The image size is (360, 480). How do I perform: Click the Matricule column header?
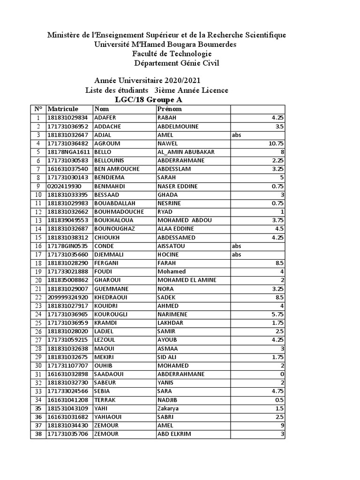tap(63, 109)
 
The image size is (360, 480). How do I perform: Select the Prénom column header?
tap(170, 109)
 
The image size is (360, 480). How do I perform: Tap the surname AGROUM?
tap(107, 143)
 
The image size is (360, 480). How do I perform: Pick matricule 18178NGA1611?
tap(68, 152)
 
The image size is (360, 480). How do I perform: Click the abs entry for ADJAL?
tap(236, 135)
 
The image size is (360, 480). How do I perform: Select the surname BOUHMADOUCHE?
tap(116, 212)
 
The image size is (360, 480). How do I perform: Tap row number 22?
tap(38, 297)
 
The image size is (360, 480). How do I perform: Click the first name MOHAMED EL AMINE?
tap(187, 280)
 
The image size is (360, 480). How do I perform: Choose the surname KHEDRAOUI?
tap(111, 297)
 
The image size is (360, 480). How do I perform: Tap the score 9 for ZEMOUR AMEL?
tap(282, 426)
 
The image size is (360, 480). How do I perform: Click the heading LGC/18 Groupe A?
tap(149, 100)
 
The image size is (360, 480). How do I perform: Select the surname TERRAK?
tap(105, 400)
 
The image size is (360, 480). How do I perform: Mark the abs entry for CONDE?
tap(236, 246)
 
